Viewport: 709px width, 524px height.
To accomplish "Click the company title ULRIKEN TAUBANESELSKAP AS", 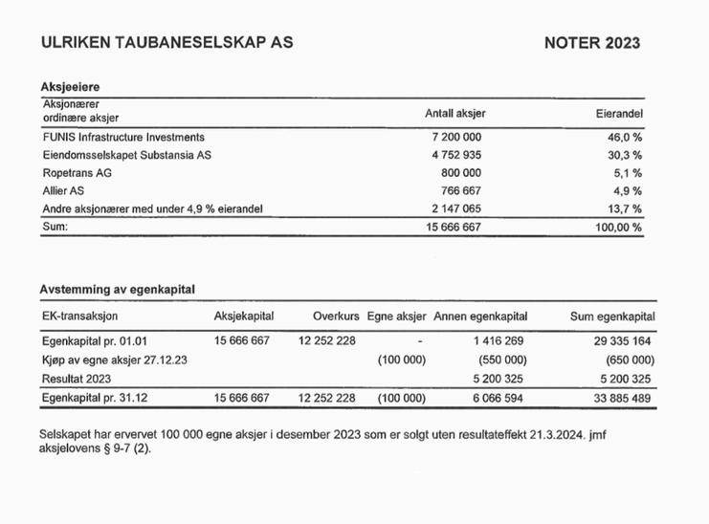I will pyautogui.click(x=167, y=43).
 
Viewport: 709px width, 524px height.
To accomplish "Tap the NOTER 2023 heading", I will pyautogui.click(x=591, y=43).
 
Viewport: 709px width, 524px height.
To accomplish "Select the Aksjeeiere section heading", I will pyautogui.click(x=70, y=86).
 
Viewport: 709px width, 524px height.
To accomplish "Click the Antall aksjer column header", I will pyautogui.click(x=454, y=113).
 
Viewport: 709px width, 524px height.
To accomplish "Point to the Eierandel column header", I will pyautogui.click(x=618, y=113).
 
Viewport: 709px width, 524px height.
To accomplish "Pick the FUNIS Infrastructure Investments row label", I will pyautogui.click(x=123, y=137).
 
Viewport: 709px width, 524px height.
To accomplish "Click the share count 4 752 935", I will pyautogui.click(x=456, y=154).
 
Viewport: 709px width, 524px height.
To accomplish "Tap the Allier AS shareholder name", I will pyautogui.click(x=64, y=190).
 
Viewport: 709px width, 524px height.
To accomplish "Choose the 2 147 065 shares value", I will pyautogui.click(x=456, y=208).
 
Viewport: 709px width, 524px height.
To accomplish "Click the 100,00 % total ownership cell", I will pyautogui.click(x=619, y=228).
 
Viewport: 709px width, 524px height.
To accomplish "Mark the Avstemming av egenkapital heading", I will pyautogui.click(x=123, y=289).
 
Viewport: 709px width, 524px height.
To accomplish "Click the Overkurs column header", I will pyautogui.click(x=335, y=317).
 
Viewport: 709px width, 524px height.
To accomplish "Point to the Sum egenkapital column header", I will pyautogui.click(x=612, y=317).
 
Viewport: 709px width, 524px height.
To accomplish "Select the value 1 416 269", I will pyautogui.click(x=498, y=340).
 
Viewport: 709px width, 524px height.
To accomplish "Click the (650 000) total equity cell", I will pyautogui.click(x=630, y=360).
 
